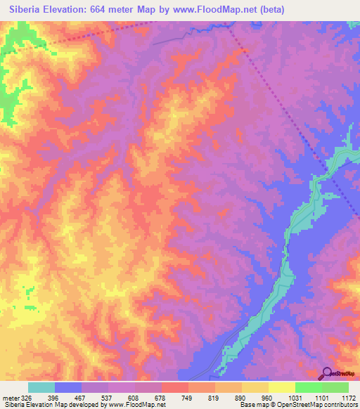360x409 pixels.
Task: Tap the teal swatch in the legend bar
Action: (41, 387)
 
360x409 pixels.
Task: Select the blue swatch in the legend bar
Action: (68, 387)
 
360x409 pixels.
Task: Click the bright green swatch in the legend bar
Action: (309, 387)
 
